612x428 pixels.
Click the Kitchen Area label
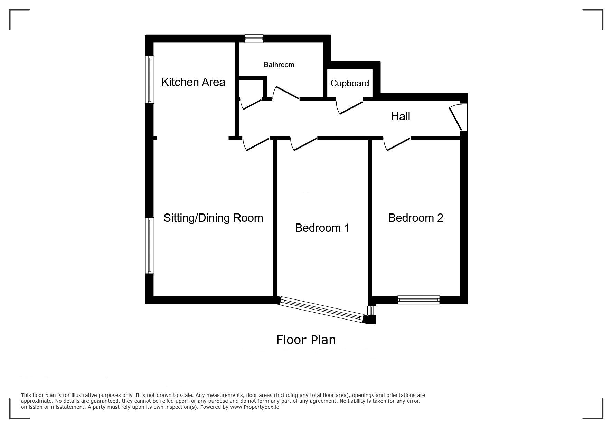click(x=193, y=82)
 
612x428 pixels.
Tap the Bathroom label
click(x=279, y=65)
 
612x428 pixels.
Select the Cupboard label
click(x=350, y=83)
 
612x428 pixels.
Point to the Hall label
click(x=401, y=116)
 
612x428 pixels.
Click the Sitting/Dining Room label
click(x=213, y=218)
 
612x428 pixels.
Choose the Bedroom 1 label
click(x=322, y=228)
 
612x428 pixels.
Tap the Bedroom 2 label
click(x=416, y=218)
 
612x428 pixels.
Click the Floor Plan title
click(x=306, y=340)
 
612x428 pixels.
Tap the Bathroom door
click(x=286, y=93)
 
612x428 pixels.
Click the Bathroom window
click(x=254, y=38)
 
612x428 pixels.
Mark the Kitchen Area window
click(x=150, y=79)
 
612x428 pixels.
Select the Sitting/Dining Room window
click(x=150, y=246)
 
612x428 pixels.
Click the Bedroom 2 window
click(x=418, y=300)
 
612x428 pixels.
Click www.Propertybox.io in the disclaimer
click(x=255, y=407)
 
